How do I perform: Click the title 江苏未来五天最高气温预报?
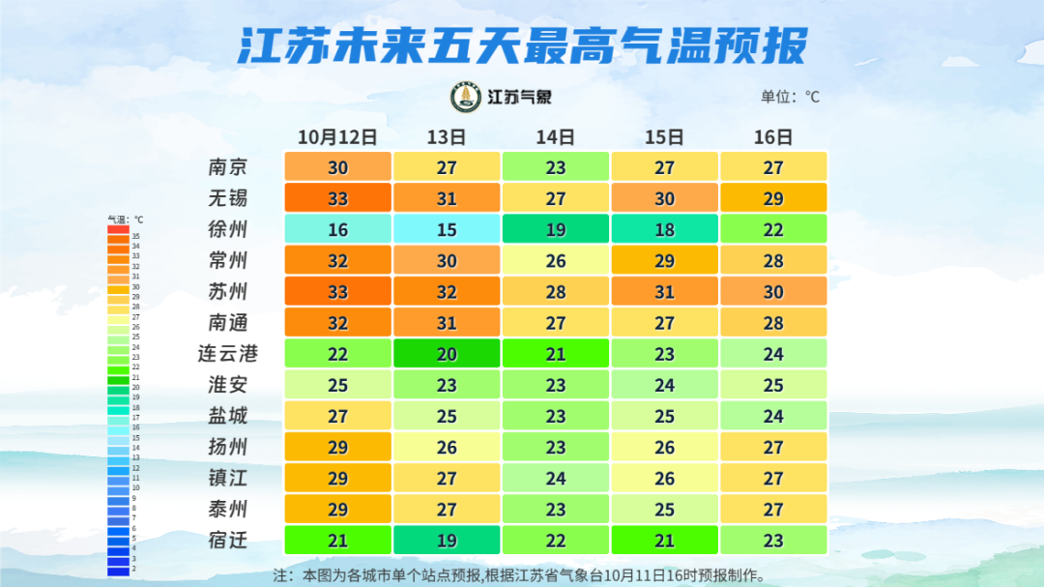522,45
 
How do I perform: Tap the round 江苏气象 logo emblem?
466,97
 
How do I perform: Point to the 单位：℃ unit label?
790,97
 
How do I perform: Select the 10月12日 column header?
336,136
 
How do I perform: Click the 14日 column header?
555,136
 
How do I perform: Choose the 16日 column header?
773,136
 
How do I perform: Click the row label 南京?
228,167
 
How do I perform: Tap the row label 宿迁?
228,540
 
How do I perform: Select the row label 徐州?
228,229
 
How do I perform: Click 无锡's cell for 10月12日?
337,198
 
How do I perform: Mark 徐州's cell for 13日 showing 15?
447,229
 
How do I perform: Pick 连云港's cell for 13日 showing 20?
447,354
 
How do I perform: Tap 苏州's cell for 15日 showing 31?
665,291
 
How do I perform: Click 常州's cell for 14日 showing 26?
556,260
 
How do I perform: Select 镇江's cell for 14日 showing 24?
556,478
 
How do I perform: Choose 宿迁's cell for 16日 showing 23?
773,540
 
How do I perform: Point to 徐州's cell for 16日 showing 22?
773,229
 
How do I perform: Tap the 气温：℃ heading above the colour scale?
126,220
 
